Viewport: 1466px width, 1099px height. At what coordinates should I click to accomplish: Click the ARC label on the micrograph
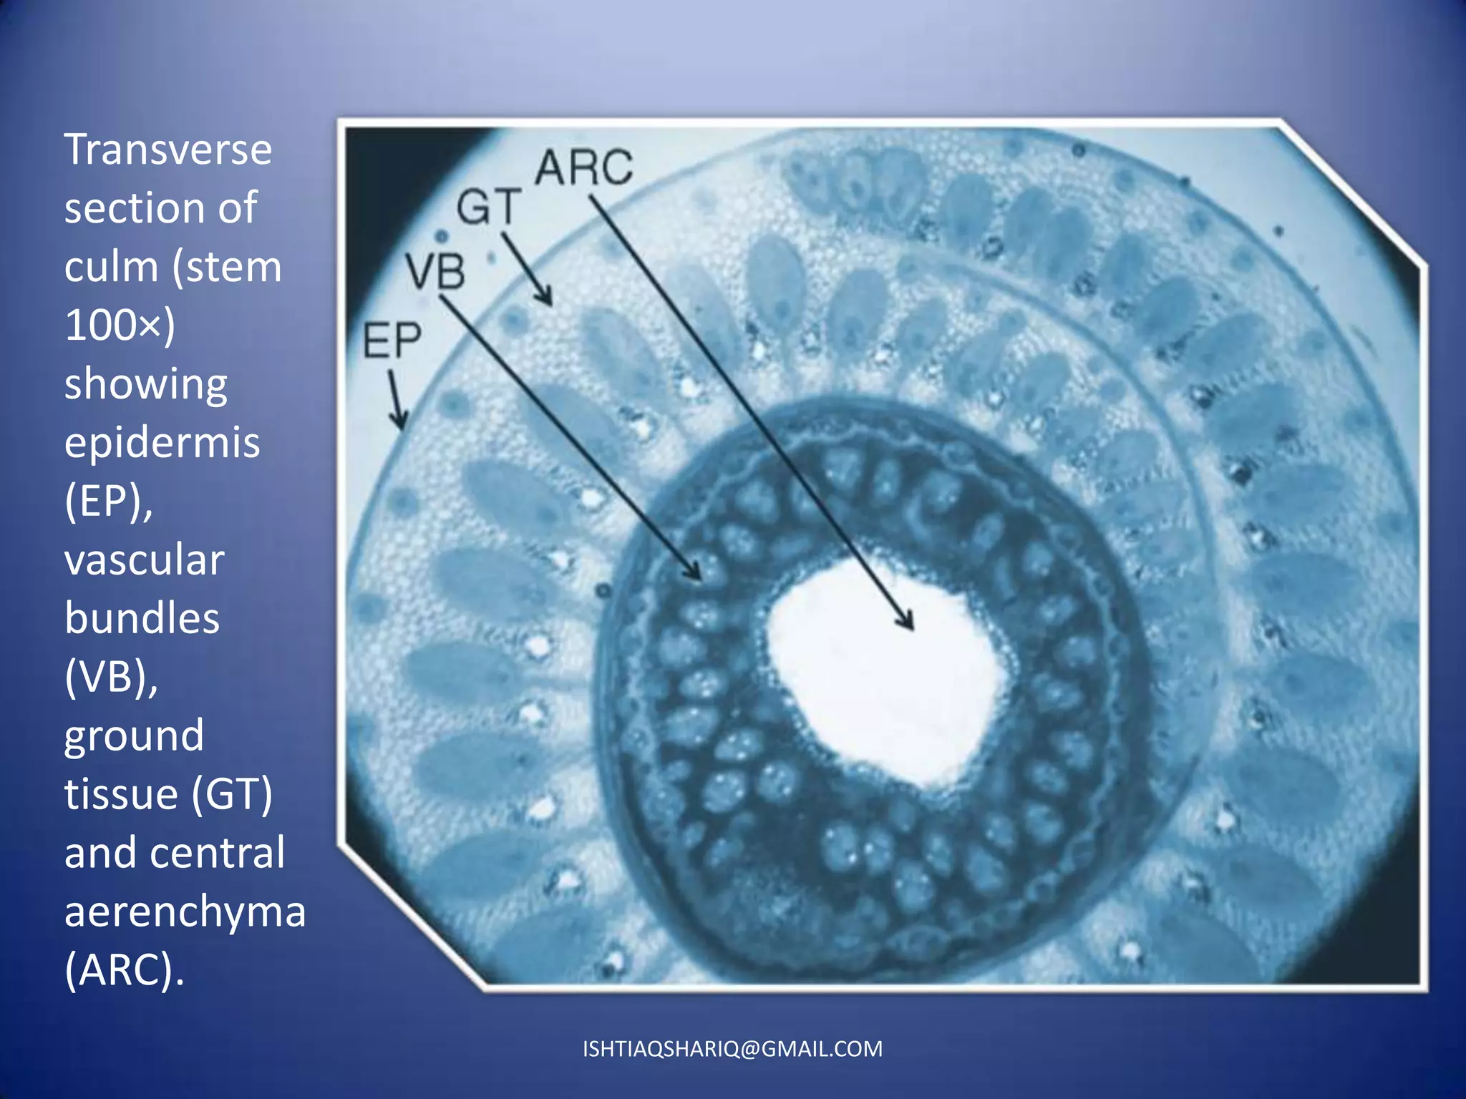click(584, 167)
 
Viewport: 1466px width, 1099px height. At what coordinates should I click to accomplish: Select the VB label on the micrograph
click(435, 272)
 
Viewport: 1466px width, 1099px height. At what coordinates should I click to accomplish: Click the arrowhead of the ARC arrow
click(909, 624)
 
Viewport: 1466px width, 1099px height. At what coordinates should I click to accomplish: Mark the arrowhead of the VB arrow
click(696, 574)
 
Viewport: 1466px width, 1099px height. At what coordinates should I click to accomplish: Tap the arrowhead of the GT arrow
click(547, 299)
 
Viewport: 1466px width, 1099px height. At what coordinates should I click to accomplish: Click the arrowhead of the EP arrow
click(401, 423)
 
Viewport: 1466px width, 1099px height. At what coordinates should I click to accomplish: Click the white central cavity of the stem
click(880, 673)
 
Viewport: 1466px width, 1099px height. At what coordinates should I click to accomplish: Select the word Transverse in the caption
click(168, 150)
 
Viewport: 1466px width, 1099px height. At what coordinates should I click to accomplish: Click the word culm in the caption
click(111, 267)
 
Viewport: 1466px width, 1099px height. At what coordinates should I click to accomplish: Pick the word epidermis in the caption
click(162, 443)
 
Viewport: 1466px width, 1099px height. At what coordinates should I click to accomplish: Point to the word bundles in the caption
click(142, 618)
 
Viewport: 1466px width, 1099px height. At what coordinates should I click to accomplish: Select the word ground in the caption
click(134, 736)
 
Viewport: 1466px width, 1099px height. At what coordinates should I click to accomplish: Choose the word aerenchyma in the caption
click(185, 912)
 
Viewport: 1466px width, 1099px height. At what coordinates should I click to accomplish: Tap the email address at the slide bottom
click(732, 1049)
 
